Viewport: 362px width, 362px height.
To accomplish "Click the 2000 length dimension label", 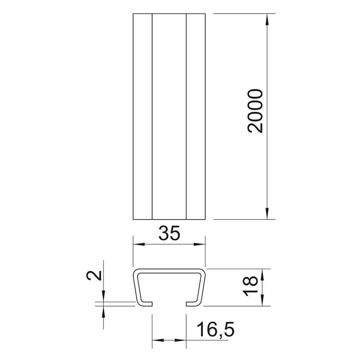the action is pyautogui.click(x=255, y=111).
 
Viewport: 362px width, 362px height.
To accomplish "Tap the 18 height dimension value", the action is pyautogui.click(x=250, y=286).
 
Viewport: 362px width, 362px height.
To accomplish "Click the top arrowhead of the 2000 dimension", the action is pyautogui.click(x=267, y=19).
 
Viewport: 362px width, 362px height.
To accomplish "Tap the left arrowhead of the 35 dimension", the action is pyautogui.click(x=139, y=244).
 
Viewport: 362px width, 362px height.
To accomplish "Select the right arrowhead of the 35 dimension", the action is pyautogui.click(x=199, y=244).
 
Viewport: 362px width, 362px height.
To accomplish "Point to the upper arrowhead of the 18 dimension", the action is pyautogui.click(x=263, y=274).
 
